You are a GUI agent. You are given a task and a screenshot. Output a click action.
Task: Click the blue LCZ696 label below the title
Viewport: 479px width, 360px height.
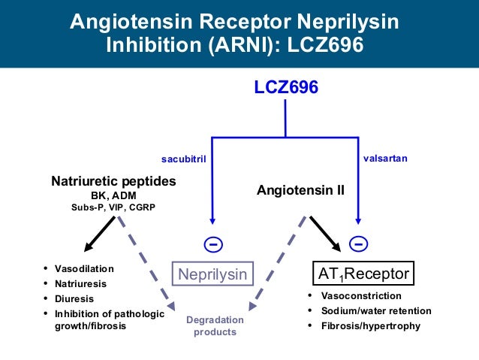[285, 88]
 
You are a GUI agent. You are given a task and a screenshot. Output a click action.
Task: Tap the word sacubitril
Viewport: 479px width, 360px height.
[184, 159]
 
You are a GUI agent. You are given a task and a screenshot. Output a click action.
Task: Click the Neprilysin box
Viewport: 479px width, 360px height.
[212, 274]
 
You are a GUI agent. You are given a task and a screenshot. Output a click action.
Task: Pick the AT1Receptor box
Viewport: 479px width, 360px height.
[361, 274]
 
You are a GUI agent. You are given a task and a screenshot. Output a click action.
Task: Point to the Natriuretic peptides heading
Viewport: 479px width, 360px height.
[113, 181]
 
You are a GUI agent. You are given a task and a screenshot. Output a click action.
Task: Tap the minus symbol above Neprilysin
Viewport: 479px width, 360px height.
[212, 245]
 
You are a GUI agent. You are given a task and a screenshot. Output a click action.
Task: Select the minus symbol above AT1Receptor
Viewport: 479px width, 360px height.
[358, 245]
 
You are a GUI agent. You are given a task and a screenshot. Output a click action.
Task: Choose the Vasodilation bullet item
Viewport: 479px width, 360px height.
[84, 268]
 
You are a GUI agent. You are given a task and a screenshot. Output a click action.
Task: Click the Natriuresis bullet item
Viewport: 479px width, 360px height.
[80, 283]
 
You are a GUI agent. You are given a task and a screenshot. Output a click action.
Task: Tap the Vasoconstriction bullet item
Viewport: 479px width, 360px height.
[361, 296]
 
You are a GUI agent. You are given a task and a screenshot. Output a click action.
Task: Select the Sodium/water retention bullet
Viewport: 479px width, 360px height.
[376, 310]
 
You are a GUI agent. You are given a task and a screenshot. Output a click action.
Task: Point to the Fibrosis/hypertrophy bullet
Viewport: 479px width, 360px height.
[370, 325]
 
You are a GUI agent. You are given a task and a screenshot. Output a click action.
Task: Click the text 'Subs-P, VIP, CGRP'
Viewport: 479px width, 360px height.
[113, 207]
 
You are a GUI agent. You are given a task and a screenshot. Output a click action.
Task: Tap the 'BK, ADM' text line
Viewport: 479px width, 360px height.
[113, 195]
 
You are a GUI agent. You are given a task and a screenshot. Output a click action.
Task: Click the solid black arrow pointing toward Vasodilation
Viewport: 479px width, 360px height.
[100, 234]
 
